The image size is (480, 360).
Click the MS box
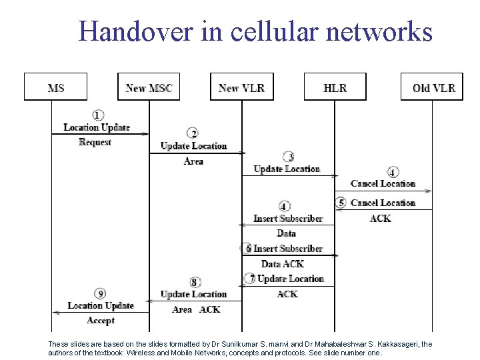56,87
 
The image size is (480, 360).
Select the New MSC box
149,87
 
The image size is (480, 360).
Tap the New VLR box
241,87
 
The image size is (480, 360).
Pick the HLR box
335,87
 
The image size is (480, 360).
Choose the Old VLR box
433,87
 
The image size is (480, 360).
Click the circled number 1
98,115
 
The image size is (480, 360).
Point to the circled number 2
193,134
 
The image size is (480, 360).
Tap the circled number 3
288,157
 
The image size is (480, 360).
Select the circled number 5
341,203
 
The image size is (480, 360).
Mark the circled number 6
247,248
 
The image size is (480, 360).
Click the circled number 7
251,278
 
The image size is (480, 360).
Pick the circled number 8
194,282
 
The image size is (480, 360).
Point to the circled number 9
100,293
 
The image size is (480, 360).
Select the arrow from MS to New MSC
100,134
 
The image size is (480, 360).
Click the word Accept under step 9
101,320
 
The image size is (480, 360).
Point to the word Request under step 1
95,142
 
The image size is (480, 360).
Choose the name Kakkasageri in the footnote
405,344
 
